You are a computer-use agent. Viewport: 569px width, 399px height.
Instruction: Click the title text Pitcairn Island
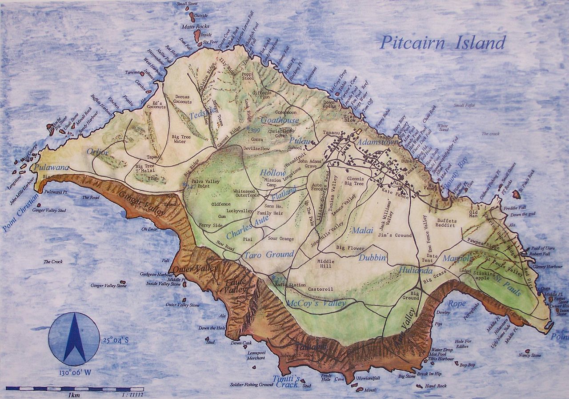(442, 43)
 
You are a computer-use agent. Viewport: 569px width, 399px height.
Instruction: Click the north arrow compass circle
(74, 336)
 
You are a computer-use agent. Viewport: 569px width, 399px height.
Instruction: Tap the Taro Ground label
(268, 255)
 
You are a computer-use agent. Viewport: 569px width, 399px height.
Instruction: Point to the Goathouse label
(280, 120)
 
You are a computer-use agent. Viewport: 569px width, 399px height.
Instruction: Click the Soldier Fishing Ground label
(251, 385)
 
